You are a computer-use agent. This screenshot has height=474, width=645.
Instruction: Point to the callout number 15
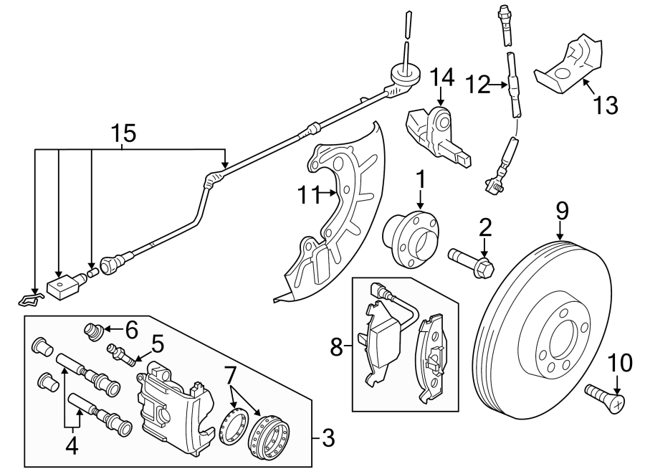click(x=123, y=133)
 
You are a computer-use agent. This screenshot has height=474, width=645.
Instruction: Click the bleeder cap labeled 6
click(x=92, y=333)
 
